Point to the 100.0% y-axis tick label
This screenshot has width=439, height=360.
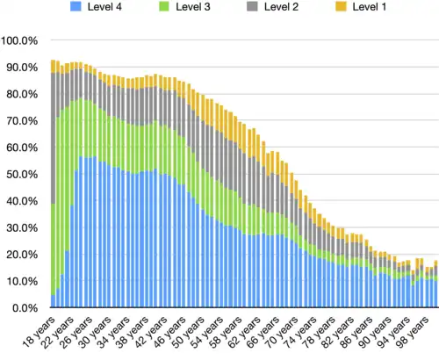[19, 41]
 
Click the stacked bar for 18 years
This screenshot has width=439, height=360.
[54, 193]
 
